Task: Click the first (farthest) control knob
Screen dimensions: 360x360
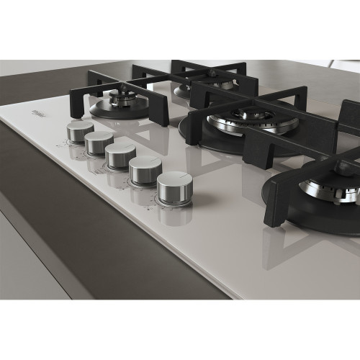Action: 80,130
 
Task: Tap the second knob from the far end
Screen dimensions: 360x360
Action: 99,142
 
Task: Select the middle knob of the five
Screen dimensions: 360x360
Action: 120,155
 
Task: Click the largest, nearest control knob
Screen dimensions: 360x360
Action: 174,187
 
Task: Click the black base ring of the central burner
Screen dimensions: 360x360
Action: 209,140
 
